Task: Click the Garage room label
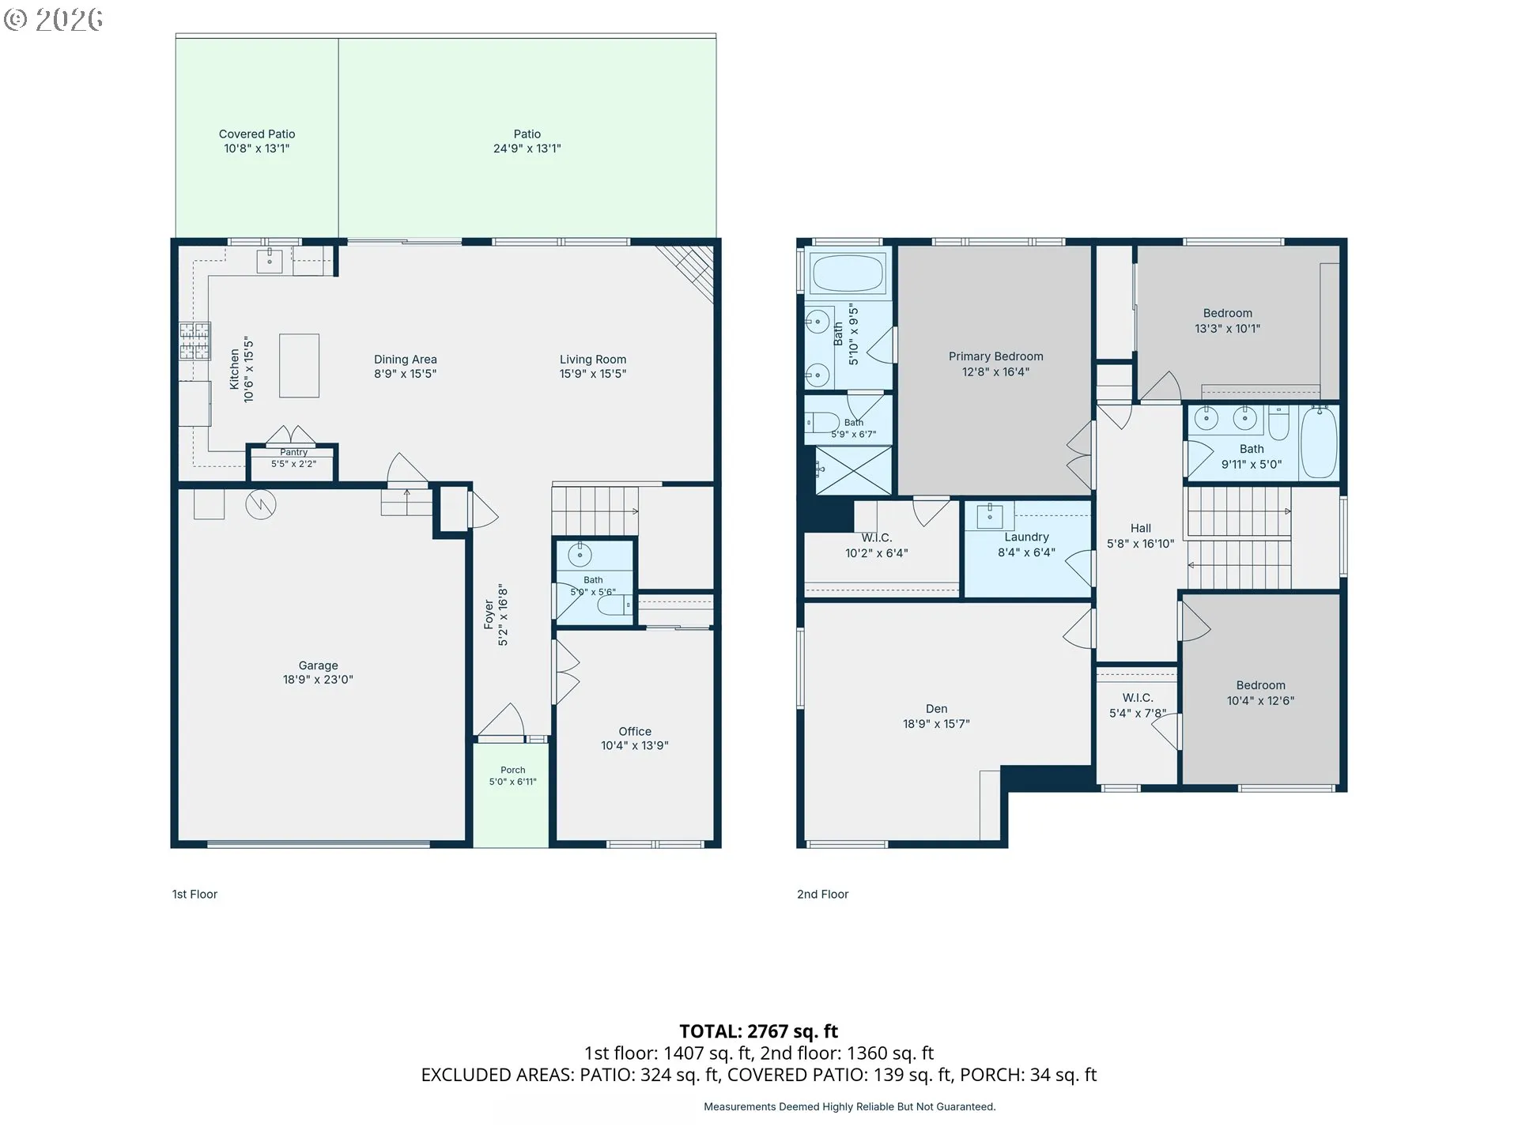click(318, 665)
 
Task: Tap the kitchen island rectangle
click(299, 365)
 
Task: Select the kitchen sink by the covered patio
click(270, 261)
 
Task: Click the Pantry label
click(293, 452)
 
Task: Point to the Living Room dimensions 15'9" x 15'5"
click(593, 374)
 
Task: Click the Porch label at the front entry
click(512, 770)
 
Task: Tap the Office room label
click(635, 732)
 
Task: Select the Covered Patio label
click(257, 134)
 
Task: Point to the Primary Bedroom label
click(995, 356)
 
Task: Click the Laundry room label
click(1026, 537)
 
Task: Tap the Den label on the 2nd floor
click(936, 709)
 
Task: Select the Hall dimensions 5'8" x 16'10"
click(1140, 544)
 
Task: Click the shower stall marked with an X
click(853, 471)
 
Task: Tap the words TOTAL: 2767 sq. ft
click(758, 1031)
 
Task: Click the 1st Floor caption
click(194, 895)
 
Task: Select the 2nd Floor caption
click(822, 895)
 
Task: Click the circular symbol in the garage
click(260, 504)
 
